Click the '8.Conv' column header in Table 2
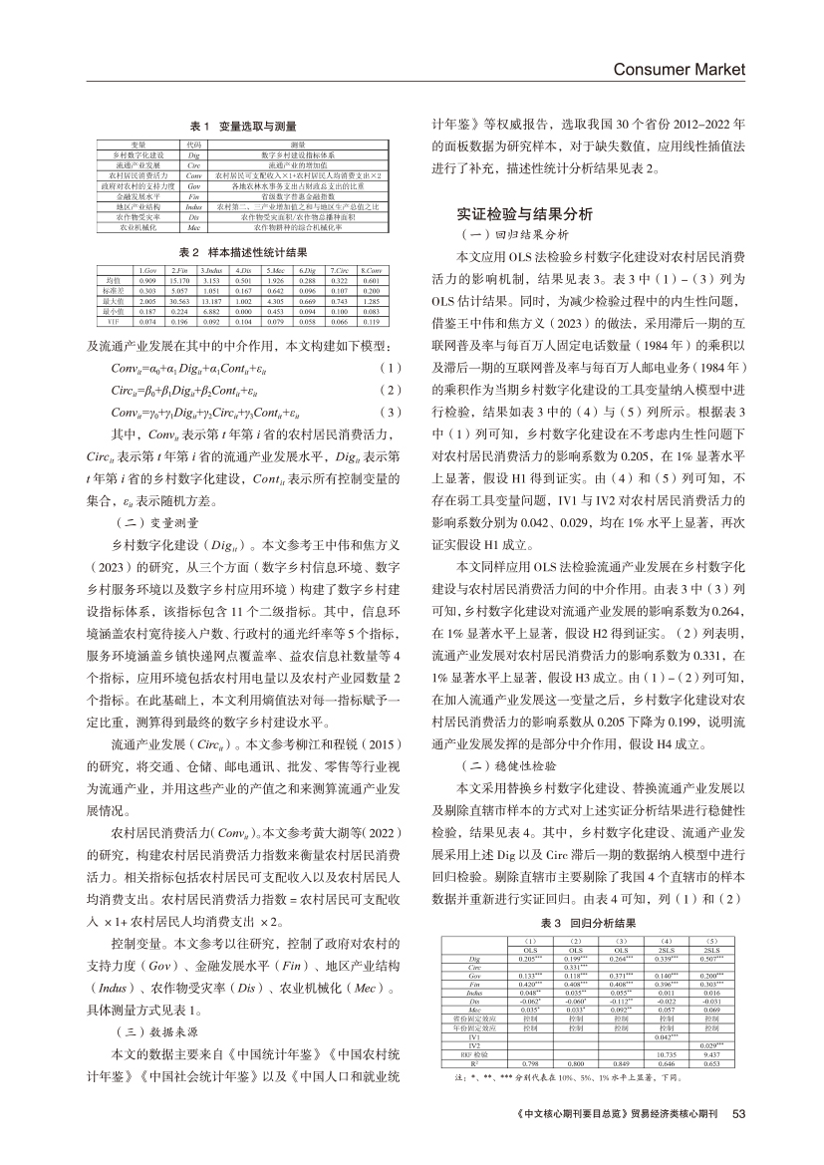click(371, 271)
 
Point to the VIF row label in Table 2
click(112, 322)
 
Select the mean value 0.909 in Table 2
click(148, 281)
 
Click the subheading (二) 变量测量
click(157, 521)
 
